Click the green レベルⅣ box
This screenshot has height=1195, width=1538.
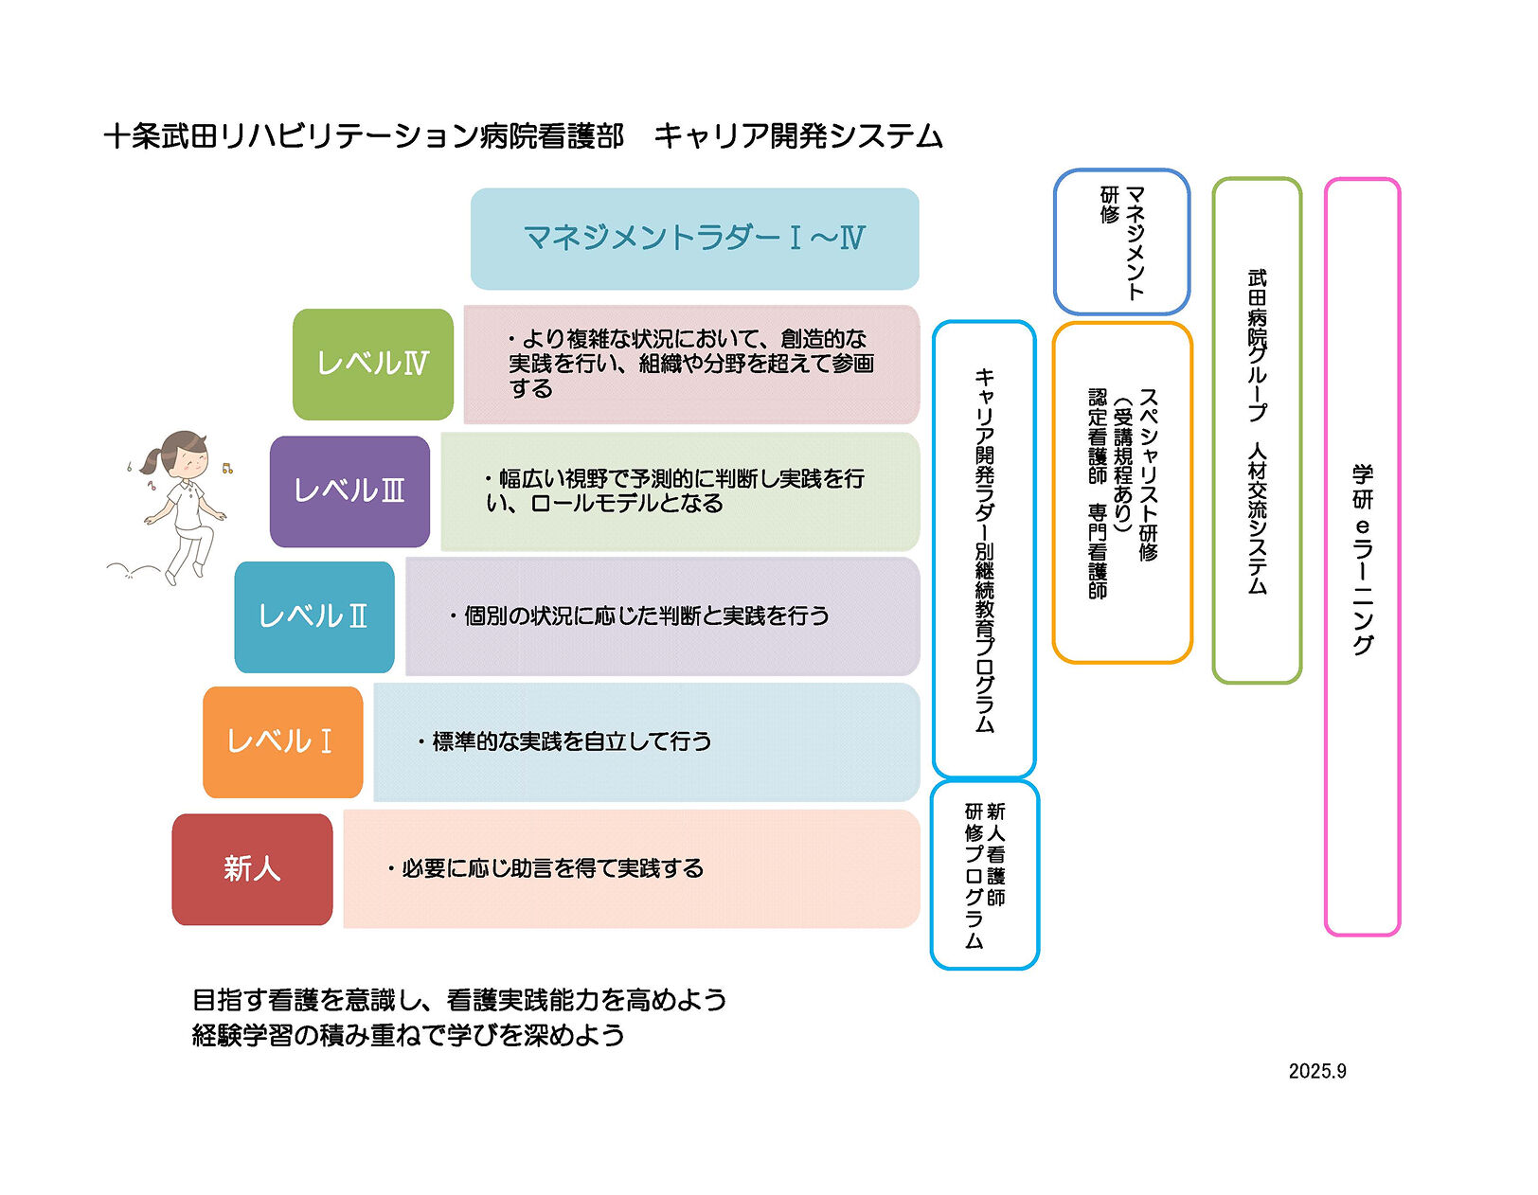(373, 365)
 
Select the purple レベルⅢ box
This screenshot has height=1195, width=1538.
(349, 491)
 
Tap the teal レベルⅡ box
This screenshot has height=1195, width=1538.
(313, 616)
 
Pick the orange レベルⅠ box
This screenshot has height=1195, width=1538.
(282, 741)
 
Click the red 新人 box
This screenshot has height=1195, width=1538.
(252, 868)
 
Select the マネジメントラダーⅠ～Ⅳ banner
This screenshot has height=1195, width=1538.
(694, 239)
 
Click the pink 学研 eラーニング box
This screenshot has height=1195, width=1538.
(1362, 557)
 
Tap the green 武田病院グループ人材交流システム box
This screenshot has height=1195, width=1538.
(1257, 431)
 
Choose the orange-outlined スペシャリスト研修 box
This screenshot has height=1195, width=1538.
(1122, 492)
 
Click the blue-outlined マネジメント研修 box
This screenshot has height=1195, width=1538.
(1122, 242)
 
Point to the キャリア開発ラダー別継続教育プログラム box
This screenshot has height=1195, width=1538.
(984, 549)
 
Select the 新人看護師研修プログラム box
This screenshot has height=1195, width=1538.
(985, 875)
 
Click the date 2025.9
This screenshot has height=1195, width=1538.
(1316, 1071)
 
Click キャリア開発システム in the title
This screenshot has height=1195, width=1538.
(798, 136)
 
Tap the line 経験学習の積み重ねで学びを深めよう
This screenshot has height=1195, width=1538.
(408, 1035)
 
